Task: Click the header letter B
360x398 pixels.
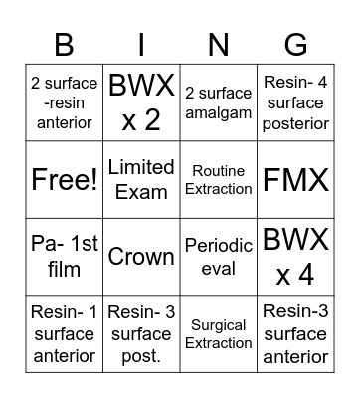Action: [63, 43]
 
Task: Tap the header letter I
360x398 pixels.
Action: [141, 43]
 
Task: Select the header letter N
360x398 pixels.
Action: [219, 43]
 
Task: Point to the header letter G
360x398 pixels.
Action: [296, 43]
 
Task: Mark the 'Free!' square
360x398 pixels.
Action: [63, 180]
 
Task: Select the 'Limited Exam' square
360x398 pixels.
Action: [141, 180]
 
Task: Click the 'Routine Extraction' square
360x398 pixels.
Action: [219, 180]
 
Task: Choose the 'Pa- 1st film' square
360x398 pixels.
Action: [63, 257]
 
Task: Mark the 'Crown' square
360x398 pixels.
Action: [141, 257]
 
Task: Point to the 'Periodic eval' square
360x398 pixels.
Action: [219, 257]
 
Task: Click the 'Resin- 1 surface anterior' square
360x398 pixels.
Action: [63, 333]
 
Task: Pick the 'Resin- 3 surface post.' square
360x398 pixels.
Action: [141, 333]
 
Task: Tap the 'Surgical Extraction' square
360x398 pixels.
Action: [219, 333]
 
